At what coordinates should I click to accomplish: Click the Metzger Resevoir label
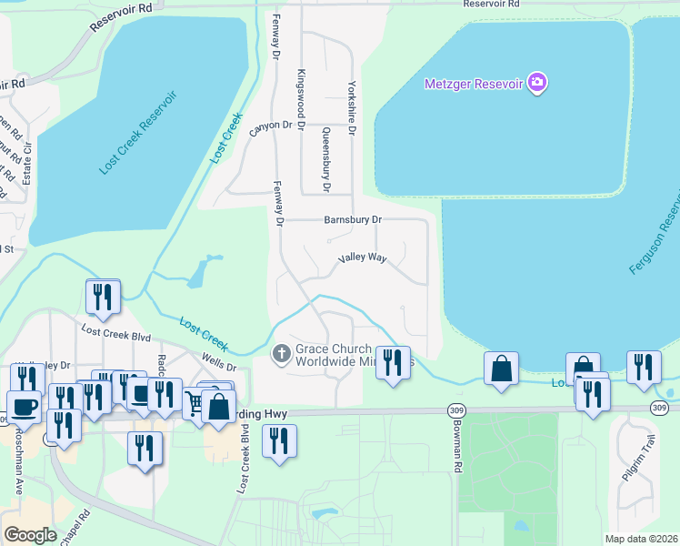475,85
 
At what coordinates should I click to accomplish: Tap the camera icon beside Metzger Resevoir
537,84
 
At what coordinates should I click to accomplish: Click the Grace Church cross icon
282,352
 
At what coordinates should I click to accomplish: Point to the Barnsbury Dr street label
354,219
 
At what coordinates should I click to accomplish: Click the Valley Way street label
363,258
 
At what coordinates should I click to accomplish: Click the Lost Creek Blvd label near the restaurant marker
115,335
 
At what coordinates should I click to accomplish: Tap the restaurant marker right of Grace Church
393,363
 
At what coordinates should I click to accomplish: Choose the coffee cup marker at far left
24,407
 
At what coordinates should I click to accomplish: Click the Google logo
30,535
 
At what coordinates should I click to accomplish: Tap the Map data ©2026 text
640,539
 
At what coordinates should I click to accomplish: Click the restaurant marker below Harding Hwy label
279,441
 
